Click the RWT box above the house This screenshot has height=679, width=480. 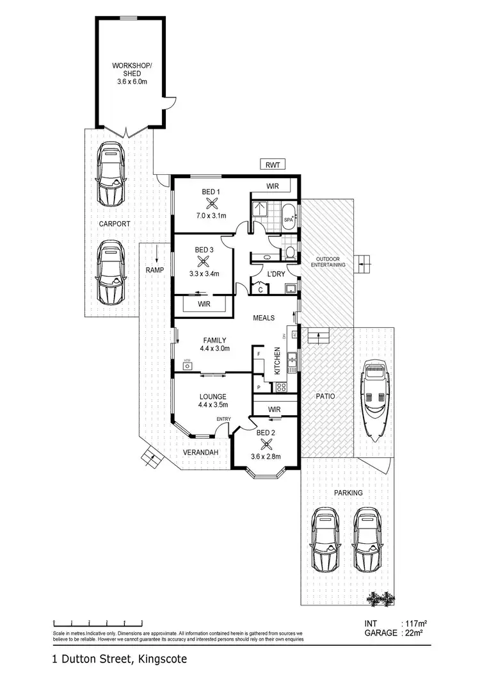(272, 165)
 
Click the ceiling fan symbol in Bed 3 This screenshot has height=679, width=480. (204, 261)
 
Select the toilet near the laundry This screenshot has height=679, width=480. (290, 252)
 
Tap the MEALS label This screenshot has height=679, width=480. (264, 318)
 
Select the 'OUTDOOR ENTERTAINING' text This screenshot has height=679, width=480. (328, 261)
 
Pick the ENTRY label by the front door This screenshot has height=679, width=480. (223, 419)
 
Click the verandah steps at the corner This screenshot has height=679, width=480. (151, 457)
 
